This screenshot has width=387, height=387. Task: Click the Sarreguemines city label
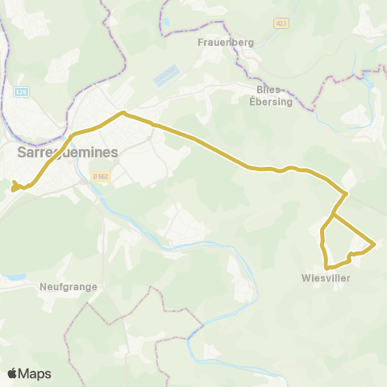67,152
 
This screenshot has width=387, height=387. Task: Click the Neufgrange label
68,286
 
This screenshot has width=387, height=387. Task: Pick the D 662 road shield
99,176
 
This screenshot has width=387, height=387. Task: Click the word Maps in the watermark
35,374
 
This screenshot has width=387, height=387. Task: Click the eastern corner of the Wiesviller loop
375,243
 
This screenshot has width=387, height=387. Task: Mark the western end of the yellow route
13,190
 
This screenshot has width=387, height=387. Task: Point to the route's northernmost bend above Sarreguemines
123,113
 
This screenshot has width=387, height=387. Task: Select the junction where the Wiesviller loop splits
333,215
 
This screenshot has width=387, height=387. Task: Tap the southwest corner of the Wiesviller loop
326,267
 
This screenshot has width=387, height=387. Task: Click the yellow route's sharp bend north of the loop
346,193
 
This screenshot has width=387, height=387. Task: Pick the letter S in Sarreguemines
21,152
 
